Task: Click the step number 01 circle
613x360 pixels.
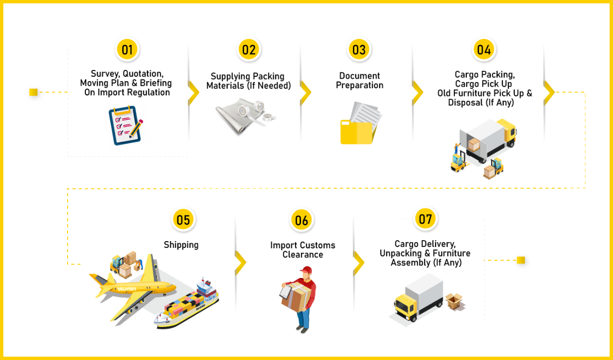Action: [x=127, y=49]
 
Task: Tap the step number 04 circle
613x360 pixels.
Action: [x=484, y=49]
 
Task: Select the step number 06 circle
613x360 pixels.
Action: [x=301, y=220]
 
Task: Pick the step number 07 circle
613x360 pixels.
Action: [x=425, y=219]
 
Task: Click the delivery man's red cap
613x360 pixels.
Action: [x=306, y=271]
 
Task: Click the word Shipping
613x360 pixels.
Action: [x=181, y=244]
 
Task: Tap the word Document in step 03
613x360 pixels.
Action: [x=359, y=76]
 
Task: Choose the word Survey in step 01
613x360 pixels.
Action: [x=105, y=74]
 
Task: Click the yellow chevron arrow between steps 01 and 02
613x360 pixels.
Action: [x=193, y=92]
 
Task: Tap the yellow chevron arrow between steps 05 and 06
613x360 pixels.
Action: [x=240, y=262]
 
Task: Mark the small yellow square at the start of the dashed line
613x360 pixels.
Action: [x=34, y=92]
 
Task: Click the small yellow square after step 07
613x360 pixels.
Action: [x=521, y=260]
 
